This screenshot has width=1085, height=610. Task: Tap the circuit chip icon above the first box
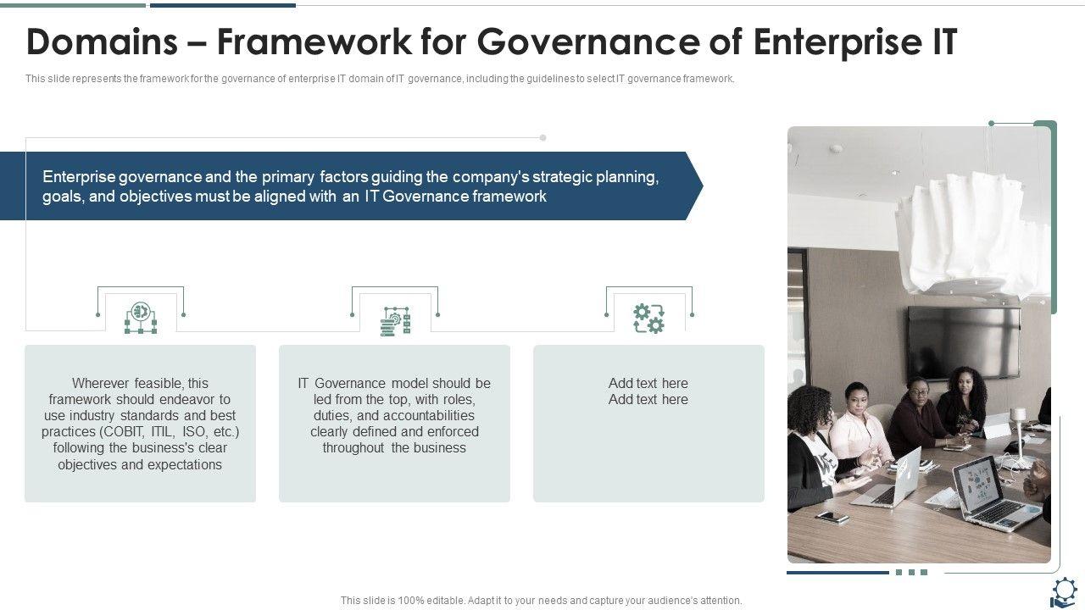(141, 319)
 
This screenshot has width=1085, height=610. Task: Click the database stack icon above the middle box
(395, 321)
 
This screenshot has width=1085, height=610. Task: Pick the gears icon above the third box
(649, 319)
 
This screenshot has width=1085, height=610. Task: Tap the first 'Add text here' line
(648, 383)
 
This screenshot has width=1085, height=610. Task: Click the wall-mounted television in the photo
(964, 341)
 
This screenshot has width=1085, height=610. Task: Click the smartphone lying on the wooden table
(832, 516)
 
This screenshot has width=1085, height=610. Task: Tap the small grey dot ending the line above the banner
(543, 137)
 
